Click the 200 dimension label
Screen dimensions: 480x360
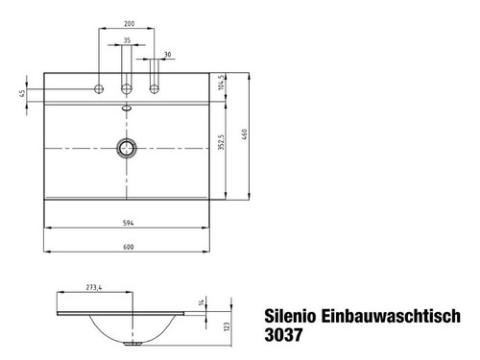coord(130,23)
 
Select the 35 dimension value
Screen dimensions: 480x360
coord(127,40)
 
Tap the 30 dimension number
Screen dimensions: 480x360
coord(167,55)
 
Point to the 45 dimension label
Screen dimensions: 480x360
coord(22,93)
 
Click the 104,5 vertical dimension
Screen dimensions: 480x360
coord(221,83)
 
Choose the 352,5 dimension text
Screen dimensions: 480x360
coord(222,142)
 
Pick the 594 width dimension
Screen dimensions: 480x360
coord(128,223)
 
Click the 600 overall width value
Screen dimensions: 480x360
coord(128,247)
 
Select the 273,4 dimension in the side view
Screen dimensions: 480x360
coord(94,287)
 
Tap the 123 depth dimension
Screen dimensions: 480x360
coord(228,326)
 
